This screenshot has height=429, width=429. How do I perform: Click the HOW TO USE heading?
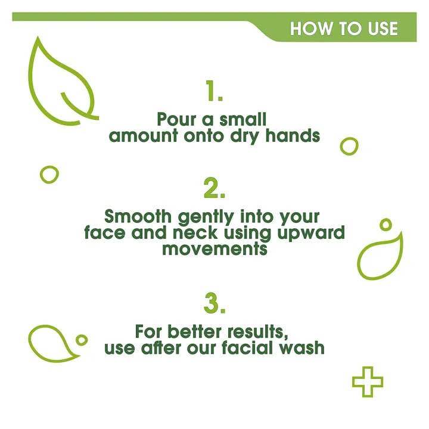pos(344,29)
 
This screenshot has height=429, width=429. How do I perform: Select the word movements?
pos(214,248)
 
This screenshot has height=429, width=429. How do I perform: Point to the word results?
pos(260,331)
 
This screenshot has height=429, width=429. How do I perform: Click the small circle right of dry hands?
pos(349,145)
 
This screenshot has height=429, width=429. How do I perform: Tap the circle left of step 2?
pos(49,174)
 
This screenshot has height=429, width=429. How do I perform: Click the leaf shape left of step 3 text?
pos(52,344)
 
